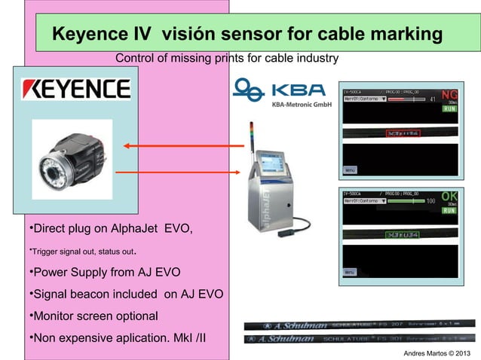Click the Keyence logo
75,90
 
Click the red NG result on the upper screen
449,96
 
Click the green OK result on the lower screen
449,195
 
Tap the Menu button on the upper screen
351,170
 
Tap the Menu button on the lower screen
351,271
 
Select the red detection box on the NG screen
403,133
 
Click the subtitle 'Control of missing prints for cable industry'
227,59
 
